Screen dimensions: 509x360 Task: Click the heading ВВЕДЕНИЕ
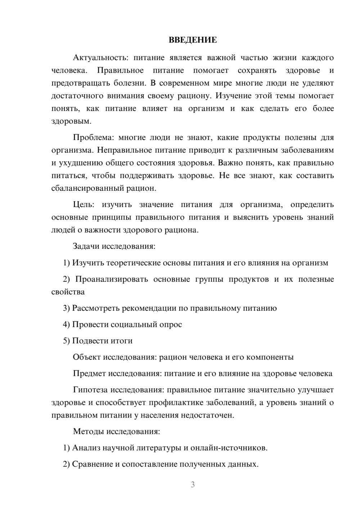pyautogui.click(x=193, y=40)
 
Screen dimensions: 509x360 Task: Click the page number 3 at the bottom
pyautogui.click(x=193, y=485)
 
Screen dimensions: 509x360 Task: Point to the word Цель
pyautogui.click(x=84, y=205)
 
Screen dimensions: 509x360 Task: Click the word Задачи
pyautogui.click(x=86, y=247)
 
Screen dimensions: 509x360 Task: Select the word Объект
pyautogui.click(x=87, y=357)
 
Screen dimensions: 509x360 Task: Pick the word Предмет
pyautogui.click(x=89, y=373)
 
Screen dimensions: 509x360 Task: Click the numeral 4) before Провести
pyautogui.click(x=66, y=324)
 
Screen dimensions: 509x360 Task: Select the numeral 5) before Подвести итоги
pyautogui.click(x=66, y=341)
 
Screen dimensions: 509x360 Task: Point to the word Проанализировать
pyautogui.click(x=112, y=279)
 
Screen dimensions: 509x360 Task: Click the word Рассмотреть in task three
pyautogui.click(x=96, y=308)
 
